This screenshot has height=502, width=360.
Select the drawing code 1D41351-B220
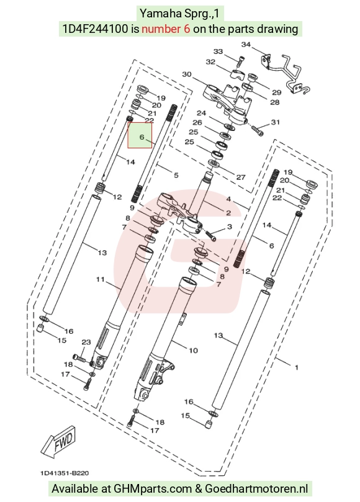point(65,473)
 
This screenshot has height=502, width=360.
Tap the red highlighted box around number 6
point(140,135)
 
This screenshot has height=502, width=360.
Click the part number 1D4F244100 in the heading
point(96,29)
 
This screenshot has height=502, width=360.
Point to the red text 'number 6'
point(166,29)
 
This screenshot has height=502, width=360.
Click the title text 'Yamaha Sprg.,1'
point(179,14)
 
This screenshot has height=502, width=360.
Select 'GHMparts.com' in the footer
point(153,488)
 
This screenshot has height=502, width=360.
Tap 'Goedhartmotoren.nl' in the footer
point(256,488)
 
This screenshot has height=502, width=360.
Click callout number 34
point(246,45)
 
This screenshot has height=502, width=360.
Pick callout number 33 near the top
point(218,52)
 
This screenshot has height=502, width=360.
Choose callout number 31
point(276,122)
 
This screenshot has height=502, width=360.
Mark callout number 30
point(187,74)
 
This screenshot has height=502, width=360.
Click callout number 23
point(86,343)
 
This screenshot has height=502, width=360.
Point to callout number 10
point(193,351)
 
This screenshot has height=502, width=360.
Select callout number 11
point(101,279)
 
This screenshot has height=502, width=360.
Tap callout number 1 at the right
point(297,367)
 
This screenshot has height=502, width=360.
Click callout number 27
point(241,177)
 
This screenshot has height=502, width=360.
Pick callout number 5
point(176,175)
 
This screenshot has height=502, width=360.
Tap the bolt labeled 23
point(79,357)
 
